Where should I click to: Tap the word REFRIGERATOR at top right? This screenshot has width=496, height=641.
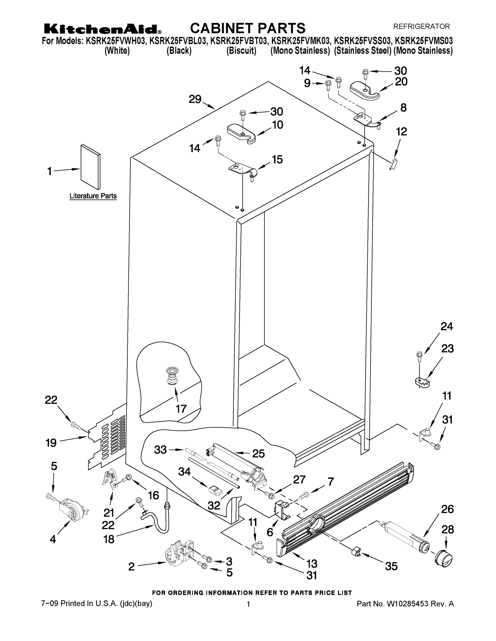point(421,26)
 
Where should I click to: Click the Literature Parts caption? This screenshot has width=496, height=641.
point(93,196)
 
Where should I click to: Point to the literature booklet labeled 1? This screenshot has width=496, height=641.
point(90,167)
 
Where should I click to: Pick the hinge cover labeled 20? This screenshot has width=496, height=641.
point(364,88)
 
